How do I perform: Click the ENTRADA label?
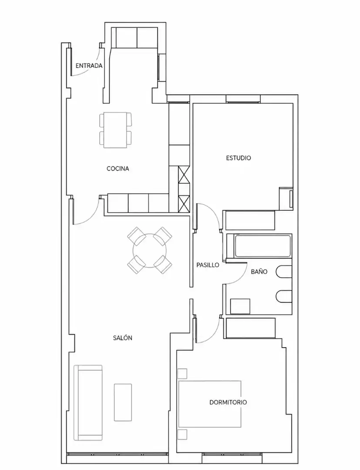click(89, 66)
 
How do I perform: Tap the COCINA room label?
click(118, 169)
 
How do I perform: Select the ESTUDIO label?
click(239, 158)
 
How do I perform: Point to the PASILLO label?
click(208, 265)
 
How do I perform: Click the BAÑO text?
click(259, 272)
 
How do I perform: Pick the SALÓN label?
click(123, 338)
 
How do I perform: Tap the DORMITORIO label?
click(228, 402)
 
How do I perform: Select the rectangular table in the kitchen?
click(115, 130)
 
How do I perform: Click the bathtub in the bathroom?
click(263, 246)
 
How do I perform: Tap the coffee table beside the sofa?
click(123, 402)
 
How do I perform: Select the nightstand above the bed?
click(182, 374)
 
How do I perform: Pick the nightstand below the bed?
click(182, 434)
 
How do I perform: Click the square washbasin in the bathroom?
click(240, 306)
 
